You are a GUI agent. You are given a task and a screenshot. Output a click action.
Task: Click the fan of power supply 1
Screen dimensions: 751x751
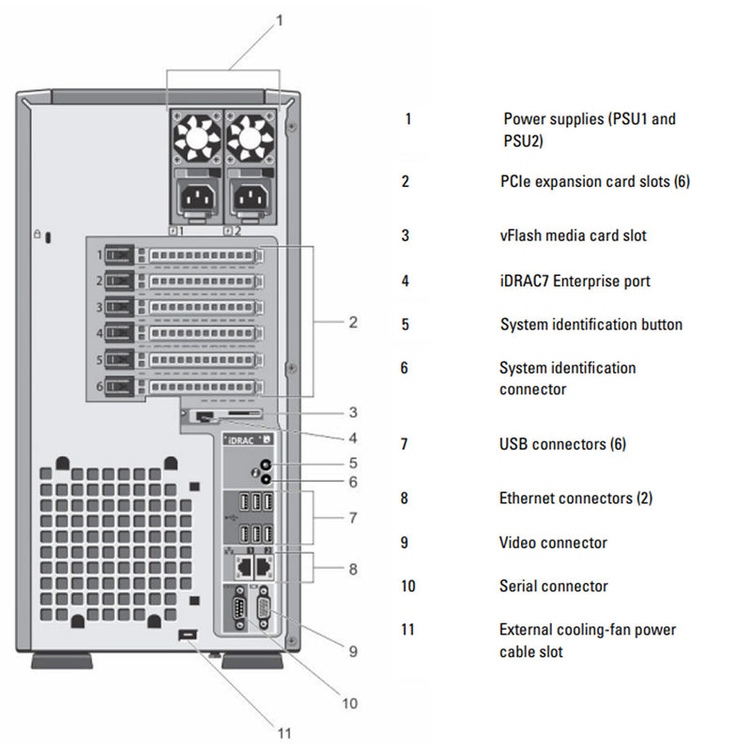pyautogui.click(x=196, y=140)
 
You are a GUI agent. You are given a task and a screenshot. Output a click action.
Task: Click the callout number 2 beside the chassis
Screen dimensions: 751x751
pyautogui.click(x=352, y=323)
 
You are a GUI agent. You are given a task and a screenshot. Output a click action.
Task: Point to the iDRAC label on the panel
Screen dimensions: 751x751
pyautogui.click(x=240, y=439)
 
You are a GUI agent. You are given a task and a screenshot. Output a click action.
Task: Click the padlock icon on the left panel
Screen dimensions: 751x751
pyautogui.click(x=37, y=232)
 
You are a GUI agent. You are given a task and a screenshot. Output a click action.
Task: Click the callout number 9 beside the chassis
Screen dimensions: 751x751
pyautogui.click(x=352, y=650)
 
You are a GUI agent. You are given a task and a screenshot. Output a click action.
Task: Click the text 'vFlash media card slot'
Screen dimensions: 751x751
pyautogui.click(x=573, y=236)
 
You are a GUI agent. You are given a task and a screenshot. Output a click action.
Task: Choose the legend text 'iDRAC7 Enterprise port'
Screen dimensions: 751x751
pyautogui.click(x=575, y=281)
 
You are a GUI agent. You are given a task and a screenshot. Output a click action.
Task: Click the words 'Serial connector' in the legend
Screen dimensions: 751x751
pyautogui.click(x=553, y=586)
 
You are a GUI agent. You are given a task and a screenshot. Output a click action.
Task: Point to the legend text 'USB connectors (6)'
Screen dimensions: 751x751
pyautogui.click(x=563, y=444)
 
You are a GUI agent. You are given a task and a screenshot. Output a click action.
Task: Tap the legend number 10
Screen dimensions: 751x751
pyautogui.click(x=407, y=587)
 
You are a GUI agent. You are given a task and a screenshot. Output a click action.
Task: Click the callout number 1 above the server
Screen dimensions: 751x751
pyautogui.click(x=279, y=19)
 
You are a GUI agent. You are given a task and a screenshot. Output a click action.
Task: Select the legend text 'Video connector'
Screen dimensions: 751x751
pyautogui.click(x=553, y=543)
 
